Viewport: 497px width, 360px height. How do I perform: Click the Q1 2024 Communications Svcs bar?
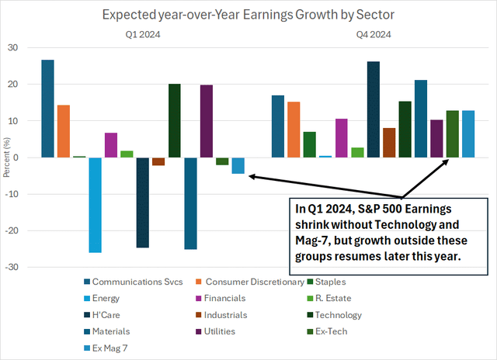click(48, 109)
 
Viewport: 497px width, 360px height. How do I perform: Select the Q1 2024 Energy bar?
click(95, 205)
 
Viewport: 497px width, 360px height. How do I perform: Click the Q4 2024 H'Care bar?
click(374, 109)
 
